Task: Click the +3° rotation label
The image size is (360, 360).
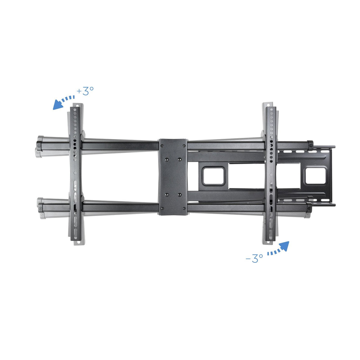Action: tap(86, 91)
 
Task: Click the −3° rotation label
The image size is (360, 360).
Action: tap(254, 258)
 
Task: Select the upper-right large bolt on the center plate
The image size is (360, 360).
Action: tap(179, 159)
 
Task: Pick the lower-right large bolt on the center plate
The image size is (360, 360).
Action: tap(179, 195)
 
